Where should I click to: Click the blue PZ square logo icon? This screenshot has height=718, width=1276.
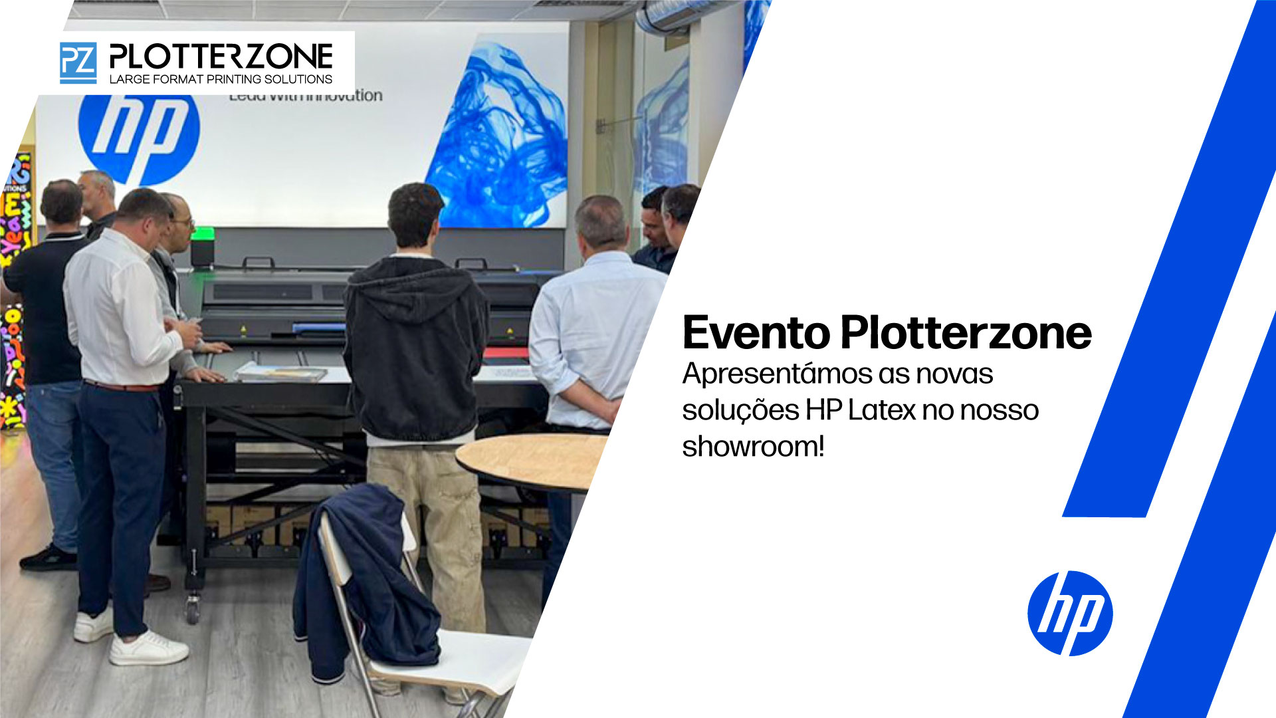tap(78, 62)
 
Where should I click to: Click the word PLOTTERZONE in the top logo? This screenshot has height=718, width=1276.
tap(221, 57)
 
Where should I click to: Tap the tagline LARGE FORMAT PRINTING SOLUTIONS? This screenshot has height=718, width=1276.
tap(221, 79)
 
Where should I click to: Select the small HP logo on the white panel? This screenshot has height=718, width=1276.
tap(1069, 613)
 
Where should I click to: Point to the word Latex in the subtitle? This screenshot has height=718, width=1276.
tap(882, 410)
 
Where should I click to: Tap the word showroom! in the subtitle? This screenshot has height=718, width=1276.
tap(753, 447)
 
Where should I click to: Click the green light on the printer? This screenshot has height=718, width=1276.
tap(203, 233)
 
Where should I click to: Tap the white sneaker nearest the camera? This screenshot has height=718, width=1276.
tap(148, 649)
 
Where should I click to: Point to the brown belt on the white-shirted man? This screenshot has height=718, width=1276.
tap(123, 386)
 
